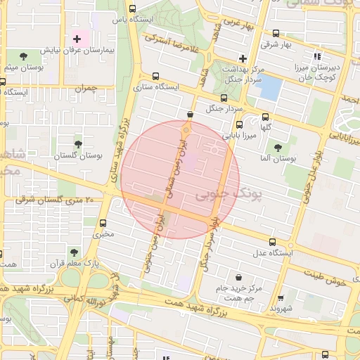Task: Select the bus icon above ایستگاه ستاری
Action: pos(155,76)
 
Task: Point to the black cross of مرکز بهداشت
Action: pos(243,58)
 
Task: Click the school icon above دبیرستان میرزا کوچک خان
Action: pos(317,56)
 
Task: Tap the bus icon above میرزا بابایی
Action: pos(240,124)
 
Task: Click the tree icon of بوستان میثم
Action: pos(24,55)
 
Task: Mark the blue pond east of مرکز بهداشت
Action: pos(271,88)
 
